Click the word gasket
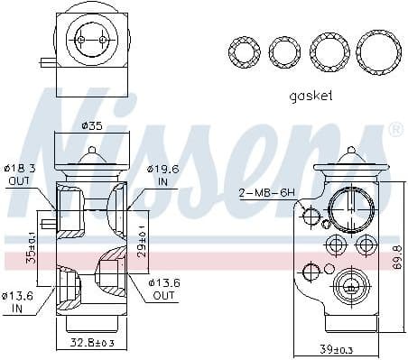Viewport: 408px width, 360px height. tap(311, 95)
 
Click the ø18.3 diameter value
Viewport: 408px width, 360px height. tap(18, 168)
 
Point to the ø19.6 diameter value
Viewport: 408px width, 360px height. tap(163, 168)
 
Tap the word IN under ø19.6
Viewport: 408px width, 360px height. tap(163, 181)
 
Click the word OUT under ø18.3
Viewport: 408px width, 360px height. tap(18, 181)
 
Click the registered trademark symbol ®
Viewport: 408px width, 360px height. tap(394, 132)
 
